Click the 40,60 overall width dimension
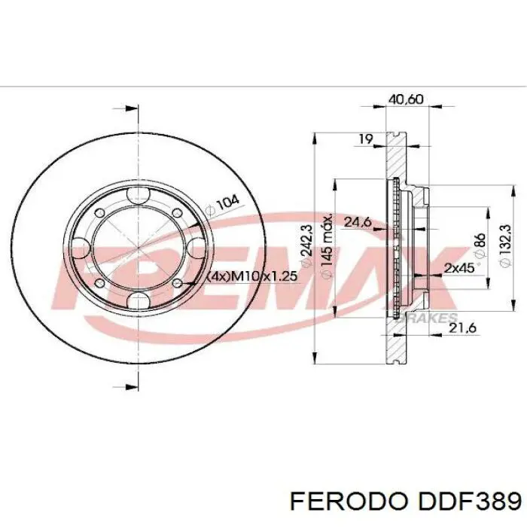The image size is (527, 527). pos(406,99)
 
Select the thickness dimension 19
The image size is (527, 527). pos(366,139)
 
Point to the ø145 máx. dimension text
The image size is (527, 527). pos(327,247)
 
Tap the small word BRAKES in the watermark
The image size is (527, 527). pos(433,318)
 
